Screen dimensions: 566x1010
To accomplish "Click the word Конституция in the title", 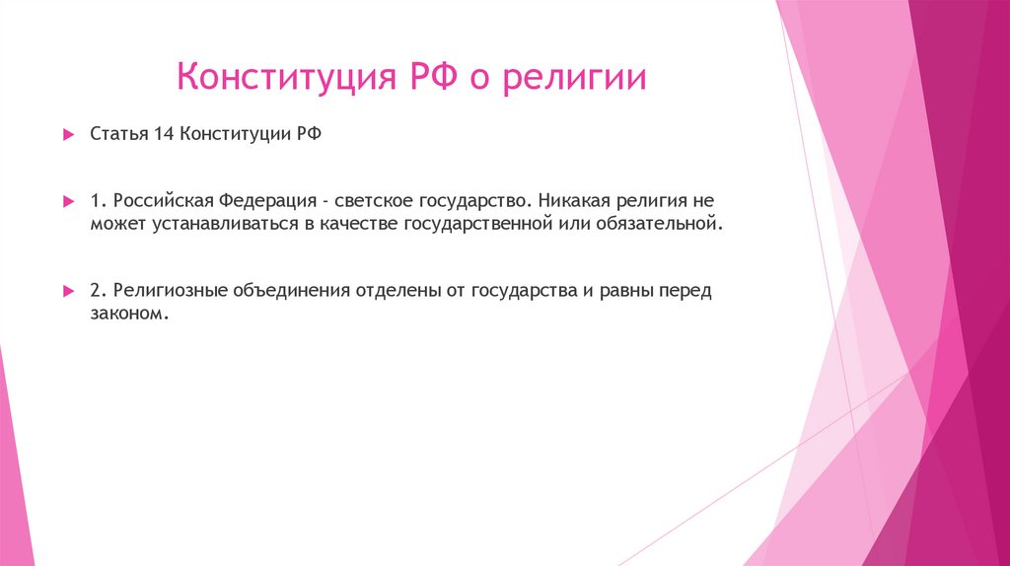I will coord(286,78).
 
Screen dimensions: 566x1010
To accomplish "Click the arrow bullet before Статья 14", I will coord(68,133).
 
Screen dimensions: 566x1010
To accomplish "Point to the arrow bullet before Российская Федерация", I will coord(68,201).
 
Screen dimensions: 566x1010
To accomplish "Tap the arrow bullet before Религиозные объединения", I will coord(68,292).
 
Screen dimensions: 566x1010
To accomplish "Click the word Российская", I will coord(160,200).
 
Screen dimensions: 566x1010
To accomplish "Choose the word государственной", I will coord(474,224).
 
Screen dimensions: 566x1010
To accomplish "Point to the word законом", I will coord(122,315).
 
